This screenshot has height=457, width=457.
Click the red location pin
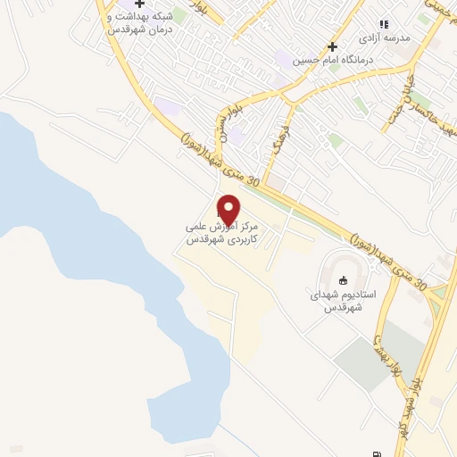click(228, 210)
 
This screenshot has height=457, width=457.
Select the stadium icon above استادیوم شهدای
click(344, 280)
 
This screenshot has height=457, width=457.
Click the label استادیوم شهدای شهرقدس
click(344, 301)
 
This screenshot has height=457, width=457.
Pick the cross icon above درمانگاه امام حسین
click(331, 46)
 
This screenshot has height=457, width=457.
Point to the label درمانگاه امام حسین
click(331, 61)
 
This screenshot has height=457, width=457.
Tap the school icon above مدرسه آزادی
click(384, 25)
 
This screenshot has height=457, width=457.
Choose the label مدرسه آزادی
click(383, 39)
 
